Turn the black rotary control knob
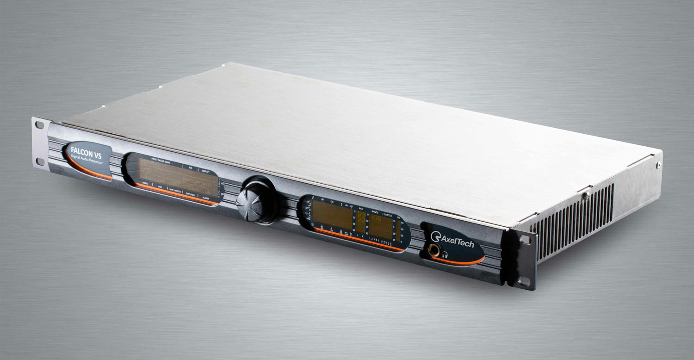(x=256, y=200)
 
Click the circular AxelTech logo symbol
(x=435, y=236)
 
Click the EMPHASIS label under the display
(x=190, y=193)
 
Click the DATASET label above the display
(x=207, y=171)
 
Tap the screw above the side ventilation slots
(x=585, y=196)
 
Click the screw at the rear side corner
(x=658, y=164)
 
